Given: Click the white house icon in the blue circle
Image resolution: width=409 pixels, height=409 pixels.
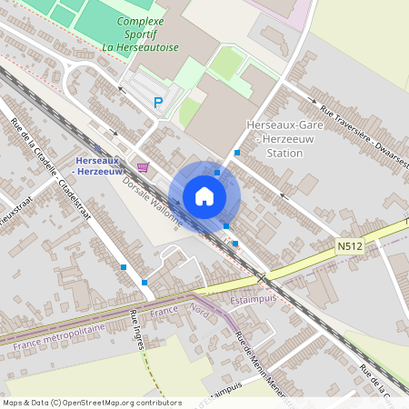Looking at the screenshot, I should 204,196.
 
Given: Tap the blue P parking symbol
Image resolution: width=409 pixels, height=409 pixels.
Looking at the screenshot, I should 158,104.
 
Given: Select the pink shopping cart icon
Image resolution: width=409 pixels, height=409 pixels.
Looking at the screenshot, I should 142,166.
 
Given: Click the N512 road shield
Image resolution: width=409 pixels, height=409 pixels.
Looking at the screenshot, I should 349,245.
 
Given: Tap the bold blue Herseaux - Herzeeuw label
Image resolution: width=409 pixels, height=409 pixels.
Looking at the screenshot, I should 97,166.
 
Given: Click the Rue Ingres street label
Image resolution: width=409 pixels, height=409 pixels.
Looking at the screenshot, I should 138,327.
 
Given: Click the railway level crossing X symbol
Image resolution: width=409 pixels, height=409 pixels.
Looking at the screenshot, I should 262,277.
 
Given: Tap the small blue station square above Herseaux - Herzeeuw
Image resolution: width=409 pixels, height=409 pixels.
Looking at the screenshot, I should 97,148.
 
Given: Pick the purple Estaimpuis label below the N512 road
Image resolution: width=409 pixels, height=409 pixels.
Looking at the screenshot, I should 257,293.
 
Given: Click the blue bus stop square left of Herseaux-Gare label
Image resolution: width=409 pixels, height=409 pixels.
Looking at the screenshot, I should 236,153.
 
